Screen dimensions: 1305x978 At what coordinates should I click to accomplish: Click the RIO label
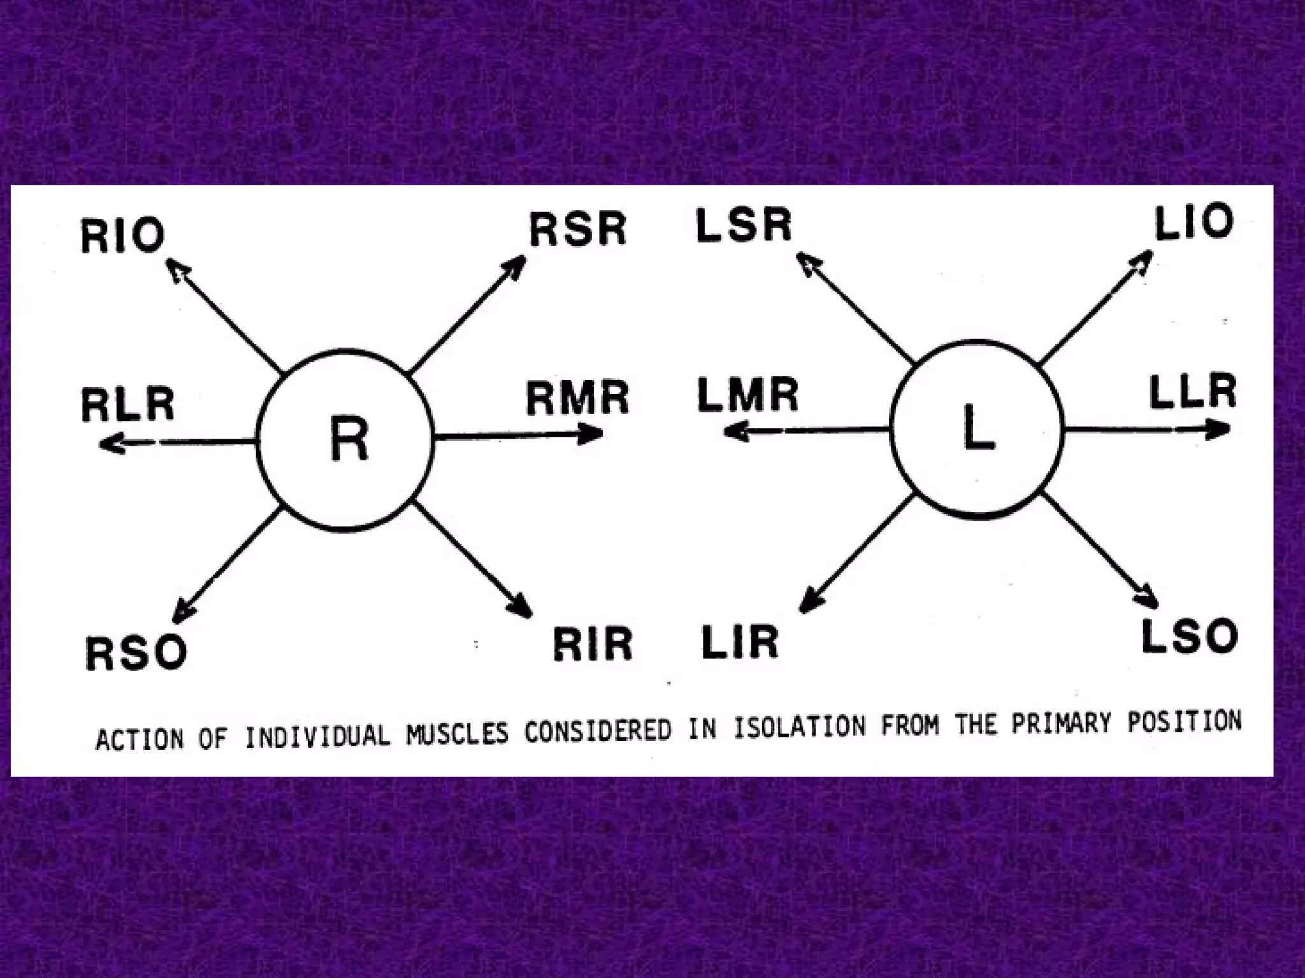pos(123,236)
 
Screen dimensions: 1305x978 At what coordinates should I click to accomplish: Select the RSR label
pos(578,229)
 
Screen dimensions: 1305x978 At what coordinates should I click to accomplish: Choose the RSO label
pos(136,653)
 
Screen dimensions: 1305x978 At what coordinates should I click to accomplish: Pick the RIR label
pos(592,644)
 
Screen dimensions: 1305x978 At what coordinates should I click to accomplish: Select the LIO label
pos(1194,222)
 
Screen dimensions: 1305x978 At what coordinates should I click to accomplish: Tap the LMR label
pos(747,395)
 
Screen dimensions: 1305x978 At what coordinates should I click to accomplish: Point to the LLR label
pos(1193,392)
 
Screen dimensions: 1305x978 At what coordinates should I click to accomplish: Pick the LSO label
pos(1189,636)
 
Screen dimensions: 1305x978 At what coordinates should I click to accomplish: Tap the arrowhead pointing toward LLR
pos(1219,430)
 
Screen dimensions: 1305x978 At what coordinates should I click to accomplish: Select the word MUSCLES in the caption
pos(458,734)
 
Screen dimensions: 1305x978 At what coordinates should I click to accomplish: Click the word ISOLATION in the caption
pos(800,728)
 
